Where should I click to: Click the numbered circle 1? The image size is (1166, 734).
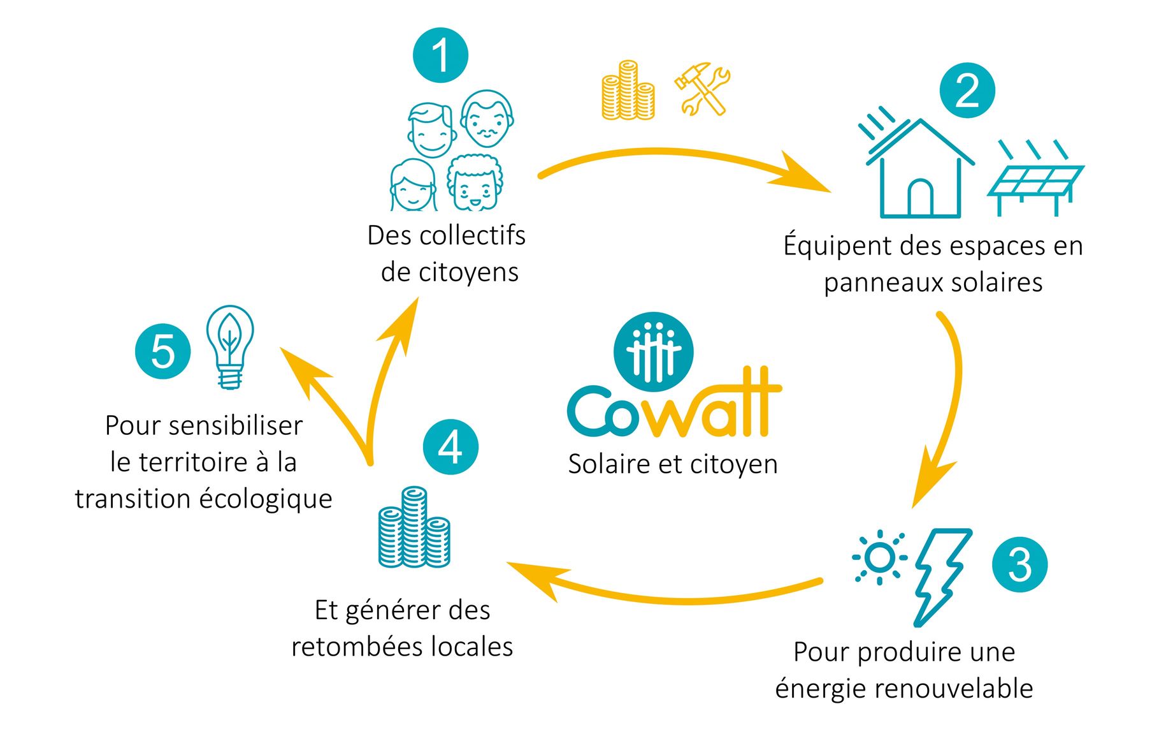coord(440,55)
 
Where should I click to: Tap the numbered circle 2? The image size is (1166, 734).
coord(967,91)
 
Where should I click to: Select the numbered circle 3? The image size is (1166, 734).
coord(1019,564)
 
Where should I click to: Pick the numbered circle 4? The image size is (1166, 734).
coord(450,447)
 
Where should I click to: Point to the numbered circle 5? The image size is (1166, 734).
coord(163,351)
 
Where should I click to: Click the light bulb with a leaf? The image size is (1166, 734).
coord(230,346)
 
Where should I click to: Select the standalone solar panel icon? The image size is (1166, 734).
coord(1035,180)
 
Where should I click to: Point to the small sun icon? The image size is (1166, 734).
coord(880,558)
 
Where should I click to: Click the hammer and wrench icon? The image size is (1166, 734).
coord(702,89)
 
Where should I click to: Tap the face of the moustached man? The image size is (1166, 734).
coord(487,119)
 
